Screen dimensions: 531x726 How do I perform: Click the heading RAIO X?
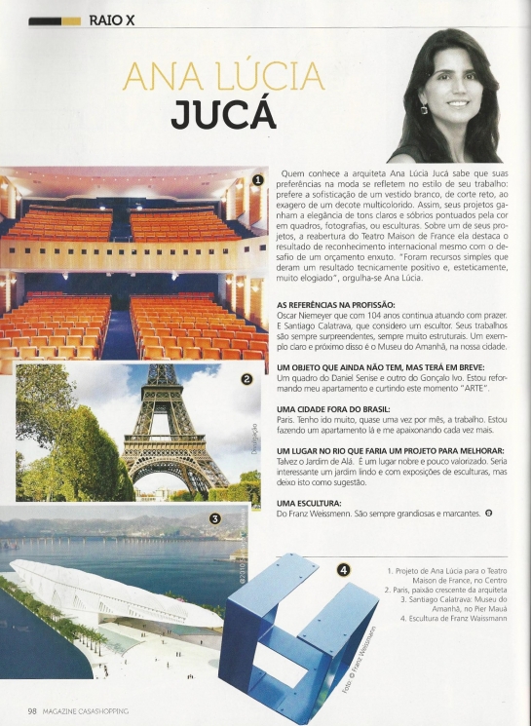point(111,19)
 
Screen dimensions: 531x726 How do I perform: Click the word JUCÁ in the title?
point(223,114)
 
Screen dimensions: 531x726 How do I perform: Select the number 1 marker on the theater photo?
point(257,179)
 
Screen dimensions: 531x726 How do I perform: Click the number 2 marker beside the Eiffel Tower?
point(247,380)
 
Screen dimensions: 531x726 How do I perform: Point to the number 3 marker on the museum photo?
point(214,519)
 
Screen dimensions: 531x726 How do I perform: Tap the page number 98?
point(32,710)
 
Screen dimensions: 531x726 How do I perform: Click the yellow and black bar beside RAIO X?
point(55,19)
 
